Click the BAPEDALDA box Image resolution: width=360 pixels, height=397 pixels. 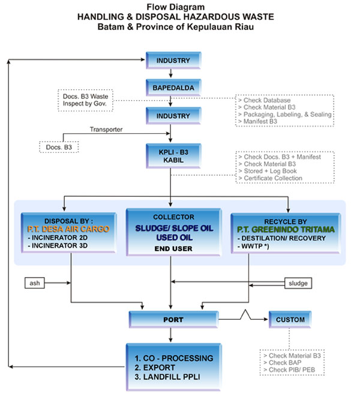pyautogui.click(x=172, y=86)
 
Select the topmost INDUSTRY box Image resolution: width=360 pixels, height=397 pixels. pyautogui.click(x=172, y=61)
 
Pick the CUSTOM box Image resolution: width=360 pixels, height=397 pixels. pyautogui.click(x=290, y=320)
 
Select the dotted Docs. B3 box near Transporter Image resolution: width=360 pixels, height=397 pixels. pyautogui.click(x=59, y=146)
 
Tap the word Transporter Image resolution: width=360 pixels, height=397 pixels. pyautogui.click(x=106, y=129)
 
